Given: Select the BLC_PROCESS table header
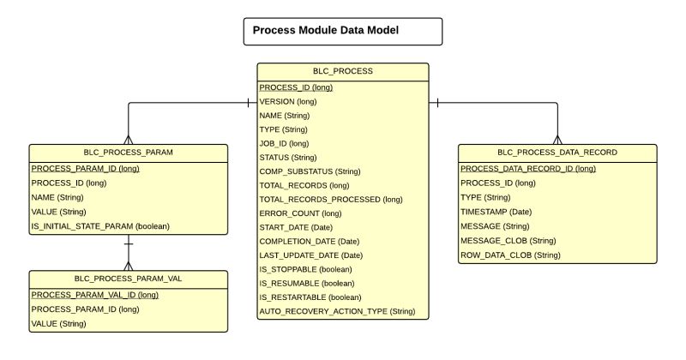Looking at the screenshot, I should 343,72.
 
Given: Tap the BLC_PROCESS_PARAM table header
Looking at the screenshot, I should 129,153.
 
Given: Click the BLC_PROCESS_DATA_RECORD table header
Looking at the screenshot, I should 557,153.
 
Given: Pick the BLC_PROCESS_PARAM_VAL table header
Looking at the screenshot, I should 129,279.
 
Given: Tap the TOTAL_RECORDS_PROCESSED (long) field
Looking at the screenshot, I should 330,199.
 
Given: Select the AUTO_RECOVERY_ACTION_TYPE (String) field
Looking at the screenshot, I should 336,310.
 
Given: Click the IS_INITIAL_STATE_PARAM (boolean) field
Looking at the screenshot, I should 100,225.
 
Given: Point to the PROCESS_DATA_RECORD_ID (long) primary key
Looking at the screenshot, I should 527,169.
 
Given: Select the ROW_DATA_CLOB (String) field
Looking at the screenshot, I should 509,255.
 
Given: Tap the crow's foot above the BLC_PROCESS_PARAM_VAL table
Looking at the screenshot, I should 129,264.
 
